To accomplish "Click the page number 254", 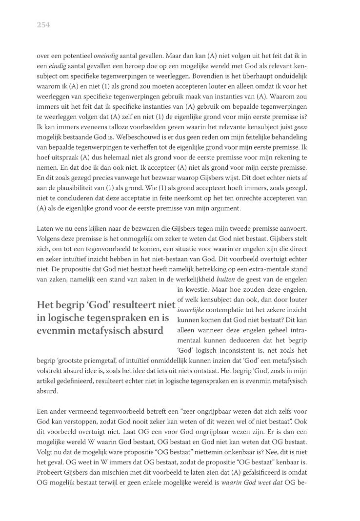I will pyautogui.click(x=43, y=25).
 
